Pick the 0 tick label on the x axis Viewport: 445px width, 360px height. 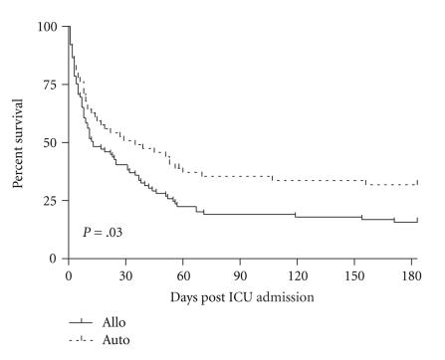point(69,275)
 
